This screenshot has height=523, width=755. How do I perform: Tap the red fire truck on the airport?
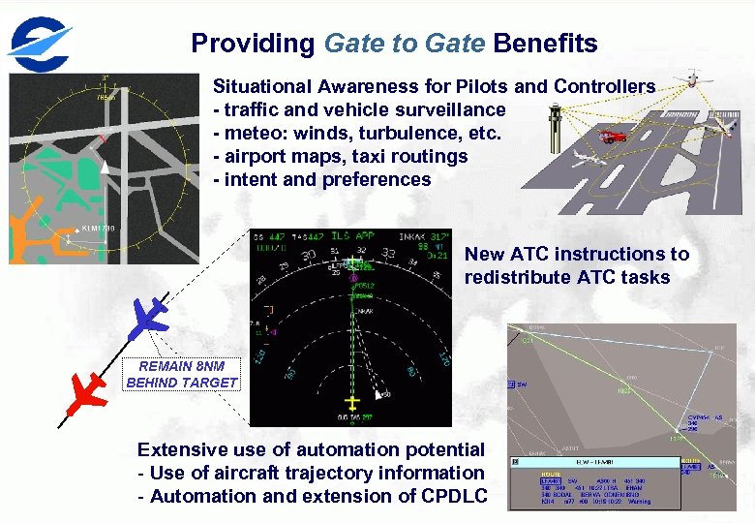(x=614, y=137)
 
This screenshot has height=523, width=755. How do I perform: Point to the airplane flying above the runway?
(x=692, y=78)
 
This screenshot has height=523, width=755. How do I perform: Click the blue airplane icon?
(x=148, y=317)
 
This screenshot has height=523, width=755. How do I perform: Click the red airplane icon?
(x=86, y=392)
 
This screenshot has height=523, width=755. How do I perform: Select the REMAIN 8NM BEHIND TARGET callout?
(x=181, y=375)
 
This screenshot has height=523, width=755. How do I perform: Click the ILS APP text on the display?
(x=354, y=236)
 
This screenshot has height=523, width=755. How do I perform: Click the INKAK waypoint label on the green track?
(x=361, y=310)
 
